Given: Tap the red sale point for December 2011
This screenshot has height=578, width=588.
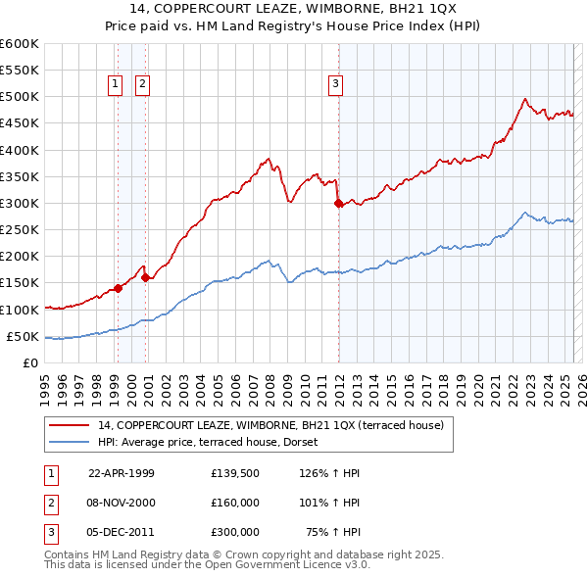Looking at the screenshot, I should (338, 204).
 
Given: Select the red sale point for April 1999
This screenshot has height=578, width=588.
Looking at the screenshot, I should (118, 288).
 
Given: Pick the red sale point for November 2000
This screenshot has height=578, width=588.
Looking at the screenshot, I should (145, 277).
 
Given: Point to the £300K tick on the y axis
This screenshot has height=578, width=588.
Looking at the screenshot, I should (20, 203).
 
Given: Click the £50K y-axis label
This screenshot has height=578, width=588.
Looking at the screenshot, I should (22, 336).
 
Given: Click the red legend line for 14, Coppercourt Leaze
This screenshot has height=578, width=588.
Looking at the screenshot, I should (69, 425).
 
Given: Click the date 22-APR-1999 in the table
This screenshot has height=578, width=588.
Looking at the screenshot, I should (122, 473).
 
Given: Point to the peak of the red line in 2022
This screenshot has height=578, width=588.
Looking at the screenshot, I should (525, 98).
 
